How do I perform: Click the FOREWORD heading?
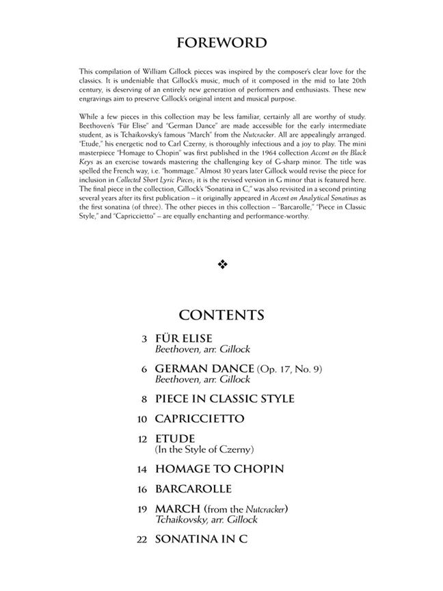pyautogui.click(x=221, y=43)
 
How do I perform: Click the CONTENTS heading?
pyautogui.click(x=221, y=315)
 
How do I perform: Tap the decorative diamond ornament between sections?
pyautogui.click(x=221, y=265)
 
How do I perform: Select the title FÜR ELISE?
pyautogui.click(x=184, y=338)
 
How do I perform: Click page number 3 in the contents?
pyautogui.click(x=144, y=339)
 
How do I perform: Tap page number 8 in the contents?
pyautogui.click(x=144, y=399)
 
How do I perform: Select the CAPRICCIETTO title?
pyautogui.click(x=200, y=419)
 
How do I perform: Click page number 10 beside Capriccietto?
pyautogui.click(x=142, y=419)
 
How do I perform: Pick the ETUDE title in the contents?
pyautogui.click(x=175, y=438)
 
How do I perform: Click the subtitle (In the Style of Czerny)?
pyautogui.click(x=204, y=449)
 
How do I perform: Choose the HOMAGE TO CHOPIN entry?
pyautogui.click(x=219, y=469)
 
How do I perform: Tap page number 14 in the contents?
pyautogui.click(x=142, y=469)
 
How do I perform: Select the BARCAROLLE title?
pyautogui.click(x=193, y=489)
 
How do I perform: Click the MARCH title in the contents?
pyautogui.click(x=178, y=509)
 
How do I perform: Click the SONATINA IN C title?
pyautogui.click(x=201, y=540)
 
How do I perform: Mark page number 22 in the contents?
pyautogui.click(x=142, y=540)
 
